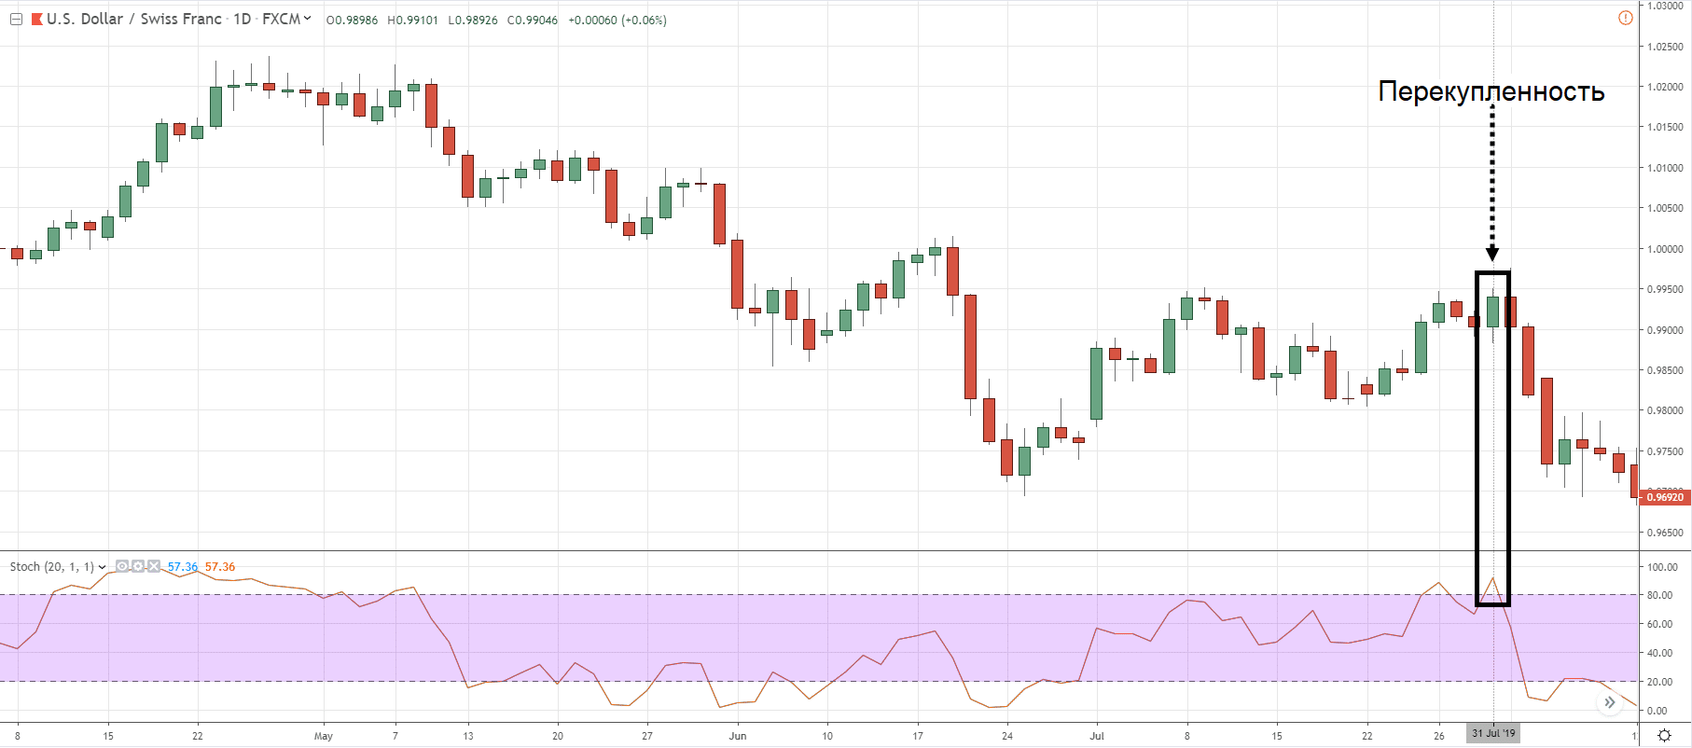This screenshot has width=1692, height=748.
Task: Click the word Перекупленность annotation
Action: tap(1491, 91)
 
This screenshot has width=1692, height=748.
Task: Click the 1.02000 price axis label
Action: tap(1665, 87)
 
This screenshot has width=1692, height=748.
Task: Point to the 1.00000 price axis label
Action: tap(1665, 249)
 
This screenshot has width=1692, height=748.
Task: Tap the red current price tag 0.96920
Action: tap(1665, 497)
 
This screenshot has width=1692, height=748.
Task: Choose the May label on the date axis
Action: tap(323, 736)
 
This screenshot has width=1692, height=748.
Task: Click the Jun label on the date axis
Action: tap(738, 736)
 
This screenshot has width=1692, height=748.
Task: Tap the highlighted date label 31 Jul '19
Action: tap(1493, 733)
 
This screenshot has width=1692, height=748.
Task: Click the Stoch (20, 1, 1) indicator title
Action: tap(52, 567)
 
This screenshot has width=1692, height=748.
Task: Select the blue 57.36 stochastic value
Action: tap(183, 567)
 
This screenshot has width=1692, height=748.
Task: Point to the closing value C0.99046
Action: tap(533, 21)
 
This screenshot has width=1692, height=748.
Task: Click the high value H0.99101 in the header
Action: tap(412, 21)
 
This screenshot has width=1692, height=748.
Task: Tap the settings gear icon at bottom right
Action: tap(1663, 735)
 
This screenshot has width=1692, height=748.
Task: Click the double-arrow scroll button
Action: tap(1609, 702)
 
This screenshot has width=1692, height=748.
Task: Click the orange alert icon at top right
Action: tap(1626, 18)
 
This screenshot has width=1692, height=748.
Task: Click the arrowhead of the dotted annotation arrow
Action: tap(1492, 255)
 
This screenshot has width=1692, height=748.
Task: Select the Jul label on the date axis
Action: tap(1097, 736)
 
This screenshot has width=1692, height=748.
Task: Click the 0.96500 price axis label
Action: tap(1665, 533)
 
